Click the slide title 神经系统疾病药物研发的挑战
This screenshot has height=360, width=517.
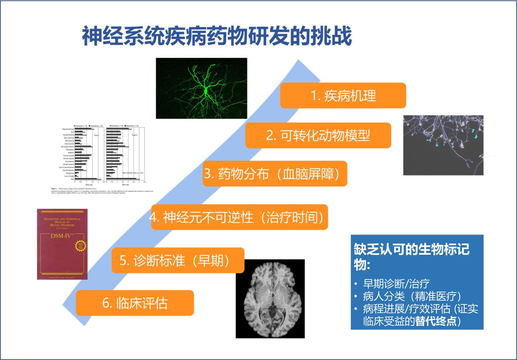217,36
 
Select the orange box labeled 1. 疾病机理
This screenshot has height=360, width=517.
343,96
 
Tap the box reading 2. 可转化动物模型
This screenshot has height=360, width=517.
318,136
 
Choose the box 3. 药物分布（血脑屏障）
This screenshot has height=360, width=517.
275,174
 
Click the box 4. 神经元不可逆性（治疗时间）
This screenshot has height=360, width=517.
239,217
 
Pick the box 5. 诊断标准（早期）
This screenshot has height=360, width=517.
178,261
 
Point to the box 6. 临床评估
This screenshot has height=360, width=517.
135,303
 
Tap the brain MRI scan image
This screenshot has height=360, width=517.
270,299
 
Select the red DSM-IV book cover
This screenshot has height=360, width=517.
62,244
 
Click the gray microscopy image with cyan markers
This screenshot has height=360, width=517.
443,145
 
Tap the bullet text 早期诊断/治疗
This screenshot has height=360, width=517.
396,284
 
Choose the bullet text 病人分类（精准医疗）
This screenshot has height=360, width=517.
412,296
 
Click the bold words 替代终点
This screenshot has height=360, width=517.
436,321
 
